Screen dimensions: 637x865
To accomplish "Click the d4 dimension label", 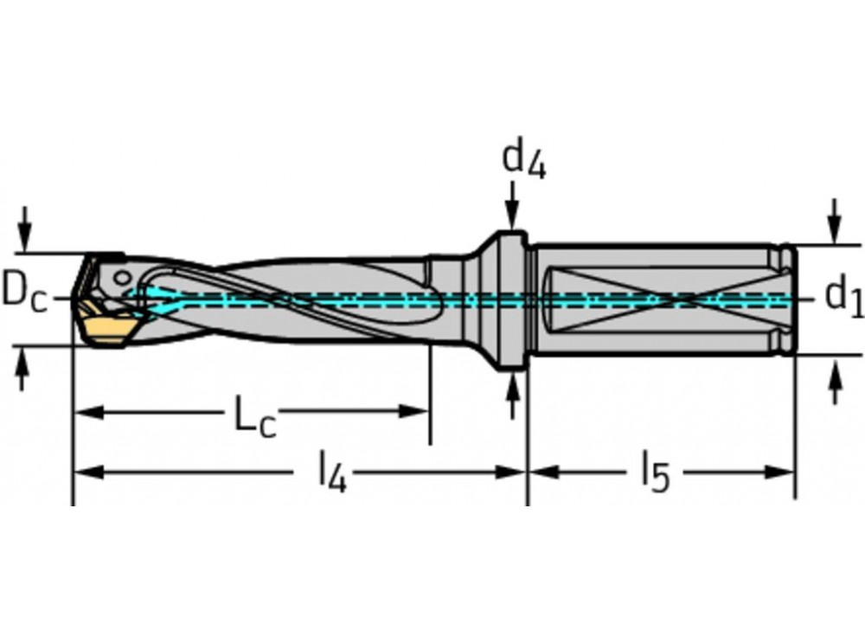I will click(524, 160).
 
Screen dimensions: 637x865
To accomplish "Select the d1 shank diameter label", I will click(843, 296).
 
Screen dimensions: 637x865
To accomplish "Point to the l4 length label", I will click(332, 475).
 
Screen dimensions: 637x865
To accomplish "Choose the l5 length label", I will click(655, 475).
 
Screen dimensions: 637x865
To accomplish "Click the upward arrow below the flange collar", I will click(512, 394).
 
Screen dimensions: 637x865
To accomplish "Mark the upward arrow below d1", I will click(835, 381).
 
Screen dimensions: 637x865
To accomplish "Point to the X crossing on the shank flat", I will click(682, 299).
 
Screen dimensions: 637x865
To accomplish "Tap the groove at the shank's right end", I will click(782, 299).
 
